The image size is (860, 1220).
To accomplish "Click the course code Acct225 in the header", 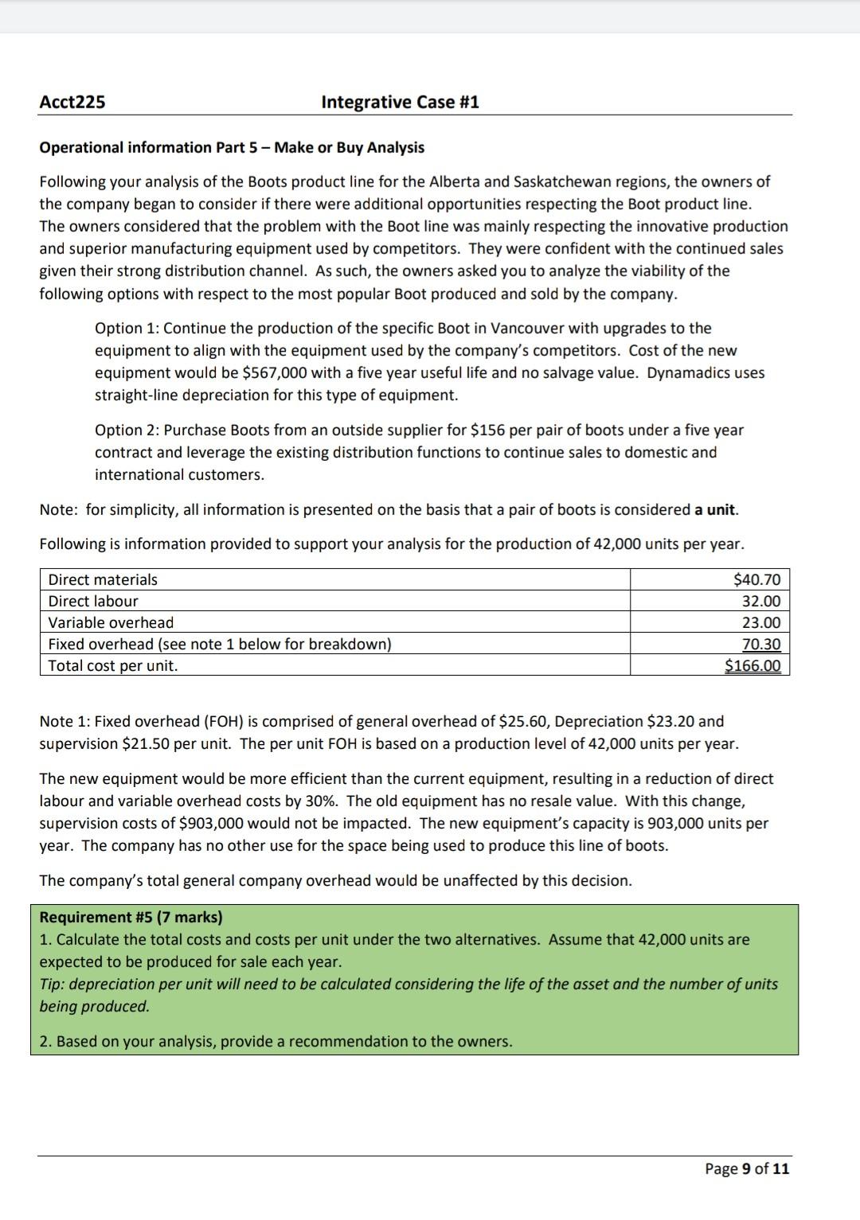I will click(72, 102).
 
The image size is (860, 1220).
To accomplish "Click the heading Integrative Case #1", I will click(400, 102).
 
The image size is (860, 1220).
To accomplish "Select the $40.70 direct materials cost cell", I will click(756, 579).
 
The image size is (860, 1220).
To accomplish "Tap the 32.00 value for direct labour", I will click(761, 601).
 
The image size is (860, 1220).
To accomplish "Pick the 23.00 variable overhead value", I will click(761, 622).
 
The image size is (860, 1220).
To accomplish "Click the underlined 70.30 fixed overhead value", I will click(761, 644).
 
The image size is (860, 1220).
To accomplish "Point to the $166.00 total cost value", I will click(752, 665).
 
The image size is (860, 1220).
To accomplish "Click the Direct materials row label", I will click(103, 579).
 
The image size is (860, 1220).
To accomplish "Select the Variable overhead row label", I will click(111, 622).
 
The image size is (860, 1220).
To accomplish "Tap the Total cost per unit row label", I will click(113, 665).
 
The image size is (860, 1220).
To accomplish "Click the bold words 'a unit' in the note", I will click(717, 509).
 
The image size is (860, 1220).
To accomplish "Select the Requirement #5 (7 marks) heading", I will click(131, 917).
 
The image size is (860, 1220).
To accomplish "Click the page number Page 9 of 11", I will click(747, 1168).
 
